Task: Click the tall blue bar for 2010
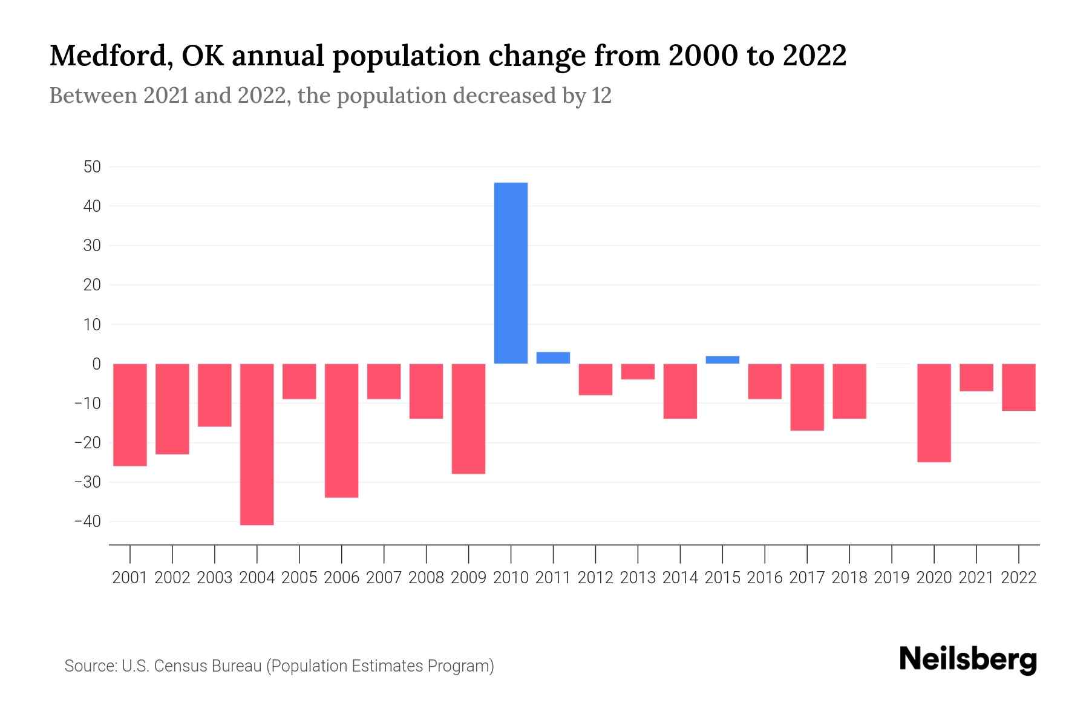tap(511, 273)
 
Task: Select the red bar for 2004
tap(257, 444)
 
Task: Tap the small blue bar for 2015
tap(722, 360)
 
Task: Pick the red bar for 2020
tap(934, 413)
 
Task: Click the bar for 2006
tap(342, 430)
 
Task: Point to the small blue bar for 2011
tap(553, 358)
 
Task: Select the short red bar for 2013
tap(638, 371)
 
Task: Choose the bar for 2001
tap(130, 414)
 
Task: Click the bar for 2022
tap(1019, 387)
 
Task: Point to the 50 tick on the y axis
tap(92, 167)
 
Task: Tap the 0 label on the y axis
tap(96, 364)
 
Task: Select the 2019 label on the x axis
tap(892, 578)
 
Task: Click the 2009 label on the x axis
tap(469, 578)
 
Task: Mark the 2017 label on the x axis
tap(807, 578)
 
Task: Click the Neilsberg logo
tap(968, 659)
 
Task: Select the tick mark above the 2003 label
tap(215, 553)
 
